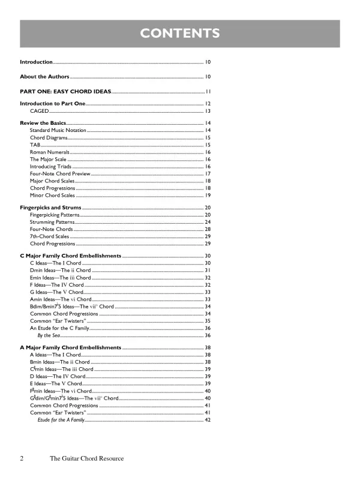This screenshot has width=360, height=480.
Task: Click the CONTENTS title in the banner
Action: tap(180, 32)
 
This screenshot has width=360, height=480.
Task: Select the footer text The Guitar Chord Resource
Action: tap(86, 459)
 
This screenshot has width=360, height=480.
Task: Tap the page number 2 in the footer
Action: tap(22, 459)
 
